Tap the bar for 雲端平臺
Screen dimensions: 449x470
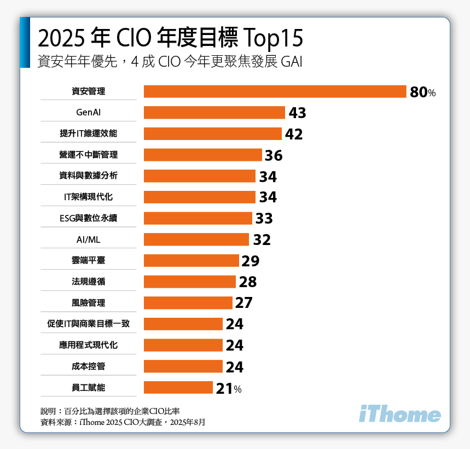pos(192,261)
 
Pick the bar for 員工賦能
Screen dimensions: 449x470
pos(178,388)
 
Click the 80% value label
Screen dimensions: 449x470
pos(422,92)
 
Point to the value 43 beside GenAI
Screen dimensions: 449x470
pos(297,113)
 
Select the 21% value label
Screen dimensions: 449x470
pos(228,388)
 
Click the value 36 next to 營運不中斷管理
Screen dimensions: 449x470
pos(274,156)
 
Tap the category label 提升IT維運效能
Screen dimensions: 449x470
pos(88,133)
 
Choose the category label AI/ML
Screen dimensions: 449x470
pos(88,240)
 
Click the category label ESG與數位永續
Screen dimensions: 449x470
pos(88,218)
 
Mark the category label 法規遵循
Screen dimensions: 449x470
pos(88,282)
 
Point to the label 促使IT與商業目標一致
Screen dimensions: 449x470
pos(88,324)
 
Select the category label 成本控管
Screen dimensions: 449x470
pos(88,366)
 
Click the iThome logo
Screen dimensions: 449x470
pos(399,415)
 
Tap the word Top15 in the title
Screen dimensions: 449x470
pos(272,38)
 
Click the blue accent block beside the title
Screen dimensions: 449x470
pos(25,43)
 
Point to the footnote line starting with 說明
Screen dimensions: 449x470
pos(110,411)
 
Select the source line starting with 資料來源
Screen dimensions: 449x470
pos(123,422)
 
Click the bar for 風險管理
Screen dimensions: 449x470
pos(188,303)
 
